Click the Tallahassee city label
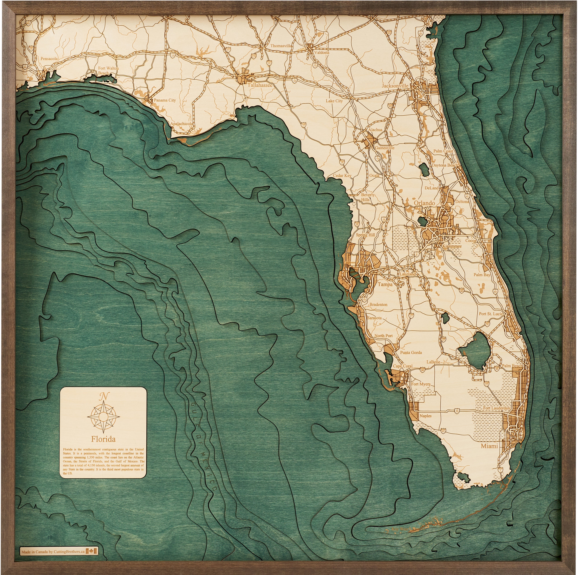(260, 85)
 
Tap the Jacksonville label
(395, 86)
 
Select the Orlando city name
(424, 203)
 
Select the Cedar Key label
(342, 175)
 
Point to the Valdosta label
(322, 52)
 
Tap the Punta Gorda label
(411, 353)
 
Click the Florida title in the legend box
(103, 439)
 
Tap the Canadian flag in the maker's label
(91, 551)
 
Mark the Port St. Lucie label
(491, 314)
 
